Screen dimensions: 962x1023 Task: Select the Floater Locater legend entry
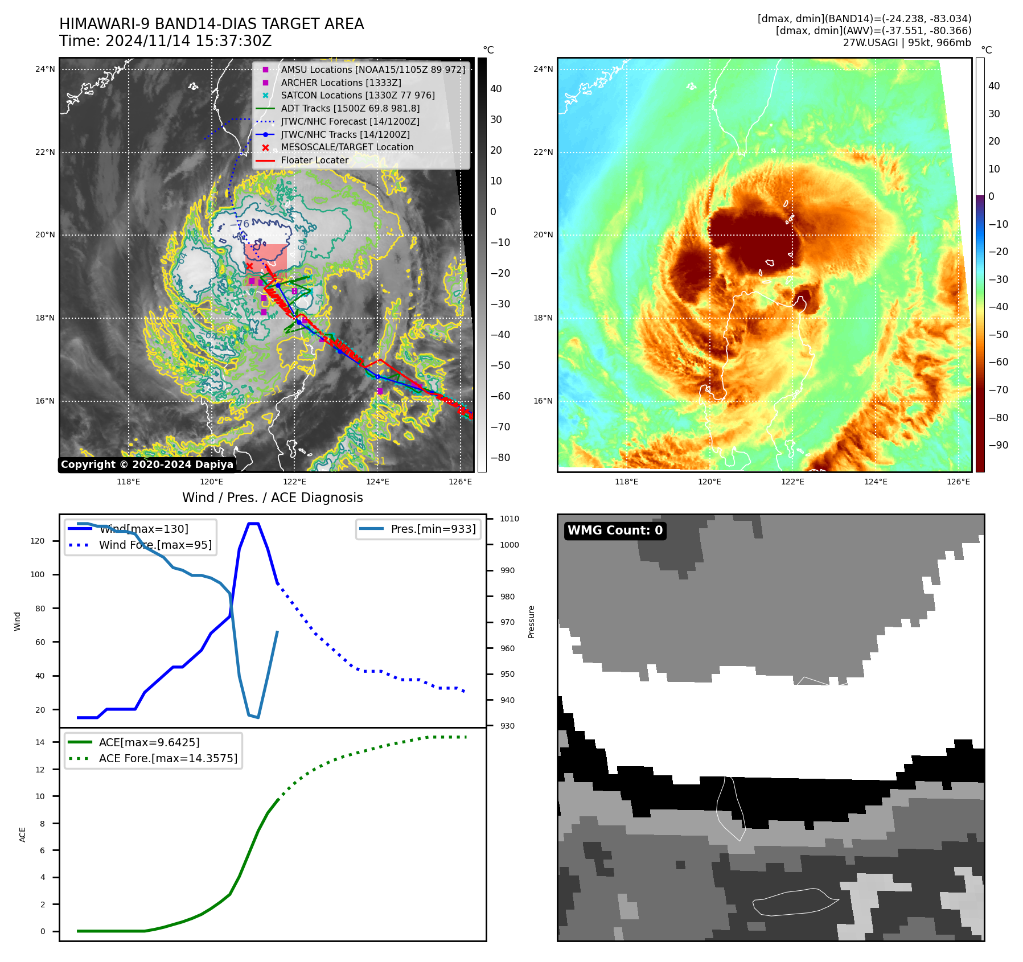pos(314,160)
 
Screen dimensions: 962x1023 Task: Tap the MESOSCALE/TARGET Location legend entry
pos(347,147)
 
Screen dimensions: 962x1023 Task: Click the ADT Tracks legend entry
pos(350,108)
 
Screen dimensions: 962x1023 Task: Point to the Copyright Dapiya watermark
pos(147,464)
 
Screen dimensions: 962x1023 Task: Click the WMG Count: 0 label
pos(615,531)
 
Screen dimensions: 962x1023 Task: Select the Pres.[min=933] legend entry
pos(433,529)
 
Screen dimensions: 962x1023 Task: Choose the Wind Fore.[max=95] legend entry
pos(155,545)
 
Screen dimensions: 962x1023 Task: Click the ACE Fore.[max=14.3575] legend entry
pos(168,758)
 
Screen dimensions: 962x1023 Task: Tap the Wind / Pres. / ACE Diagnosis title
pos(272,498)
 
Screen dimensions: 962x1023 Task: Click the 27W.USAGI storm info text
pos(907,43)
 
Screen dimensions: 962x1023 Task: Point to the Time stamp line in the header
pos(165,41)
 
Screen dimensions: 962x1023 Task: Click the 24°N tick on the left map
pos(45,69)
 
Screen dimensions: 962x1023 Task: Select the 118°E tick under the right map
pos(626,482)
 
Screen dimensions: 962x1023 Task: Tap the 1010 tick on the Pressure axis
pos(510,519)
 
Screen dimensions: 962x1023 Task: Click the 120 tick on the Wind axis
pos(38,541)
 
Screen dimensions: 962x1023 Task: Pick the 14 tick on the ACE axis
pos(40,742)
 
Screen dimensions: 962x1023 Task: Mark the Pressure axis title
pos(531,622)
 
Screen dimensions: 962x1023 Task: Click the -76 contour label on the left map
pos(242,224)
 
